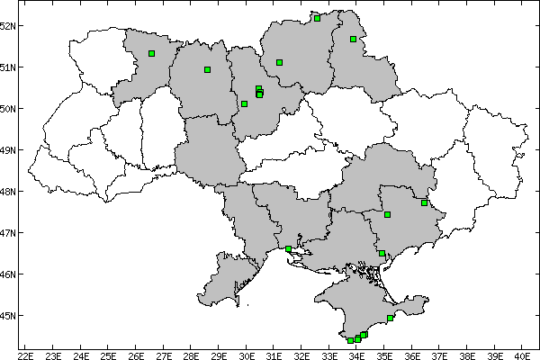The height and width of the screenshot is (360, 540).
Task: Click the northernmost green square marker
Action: [317, 17]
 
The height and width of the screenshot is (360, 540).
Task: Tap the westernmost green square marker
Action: [152, 54]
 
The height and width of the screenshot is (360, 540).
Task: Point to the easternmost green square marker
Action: [424, 202]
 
